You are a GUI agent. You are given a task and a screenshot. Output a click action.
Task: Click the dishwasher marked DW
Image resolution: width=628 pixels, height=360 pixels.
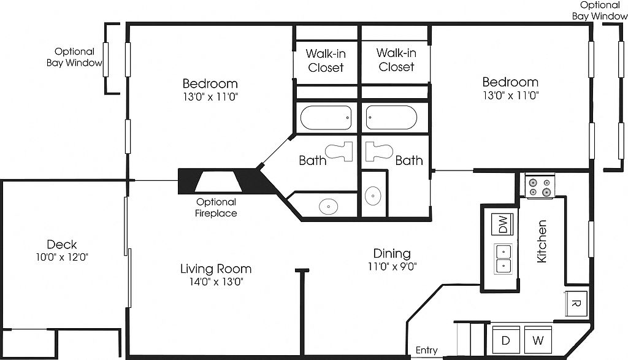[x=502, y=224]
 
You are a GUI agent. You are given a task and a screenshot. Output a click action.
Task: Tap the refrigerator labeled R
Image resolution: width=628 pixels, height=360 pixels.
[x=576, y=303]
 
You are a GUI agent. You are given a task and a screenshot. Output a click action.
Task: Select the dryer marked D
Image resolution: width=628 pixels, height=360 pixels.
[x=506, y=340]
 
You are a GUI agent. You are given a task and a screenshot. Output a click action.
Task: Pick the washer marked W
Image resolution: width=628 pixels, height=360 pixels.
[x=538, y=340]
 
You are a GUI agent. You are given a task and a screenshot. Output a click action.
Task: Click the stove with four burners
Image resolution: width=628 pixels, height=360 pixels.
[x=540, y=187]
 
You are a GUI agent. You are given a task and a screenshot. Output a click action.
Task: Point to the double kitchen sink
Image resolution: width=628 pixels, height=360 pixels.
[x=503, y=258]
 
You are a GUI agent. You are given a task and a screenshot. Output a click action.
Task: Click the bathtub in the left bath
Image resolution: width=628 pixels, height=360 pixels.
[x=326, y=117]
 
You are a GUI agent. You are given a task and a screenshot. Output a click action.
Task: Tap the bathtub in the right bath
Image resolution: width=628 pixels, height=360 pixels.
[x=391, y=117]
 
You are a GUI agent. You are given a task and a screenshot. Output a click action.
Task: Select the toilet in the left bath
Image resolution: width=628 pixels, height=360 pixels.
[x=339, y=151]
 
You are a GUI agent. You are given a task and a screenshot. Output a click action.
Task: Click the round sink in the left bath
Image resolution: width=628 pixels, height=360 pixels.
[x=329, y=206]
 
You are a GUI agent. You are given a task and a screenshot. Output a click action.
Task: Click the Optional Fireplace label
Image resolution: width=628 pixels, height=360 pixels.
[x=216, y=207]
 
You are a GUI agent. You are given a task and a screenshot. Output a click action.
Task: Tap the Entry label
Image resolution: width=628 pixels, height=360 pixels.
[x=426, y=350]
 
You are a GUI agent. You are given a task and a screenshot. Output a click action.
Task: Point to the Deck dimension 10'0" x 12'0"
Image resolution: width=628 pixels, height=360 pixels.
[x=62, y=257]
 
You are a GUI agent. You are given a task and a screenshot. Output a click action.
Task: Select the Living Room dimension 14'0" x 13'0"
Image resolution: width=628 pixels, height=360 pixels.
[x=216, y=281]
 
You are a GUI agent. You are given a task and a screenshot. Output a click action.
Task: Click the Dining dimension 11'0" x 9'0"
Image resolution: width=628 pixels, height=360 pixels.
[x=392, y=266]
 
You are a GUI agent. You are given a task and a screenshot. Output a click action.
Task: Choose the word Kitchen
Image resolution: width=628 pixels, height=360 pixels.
[x=541, y=241]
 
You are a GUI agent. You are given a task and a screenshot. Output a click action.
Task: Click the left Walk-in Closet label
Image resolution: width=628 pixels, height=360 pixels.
[x=326, y=61]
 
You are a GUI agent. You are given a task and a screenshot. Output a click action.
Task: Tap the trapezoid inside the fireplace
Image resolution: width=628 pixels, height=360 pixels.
[x=218, y=182]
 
